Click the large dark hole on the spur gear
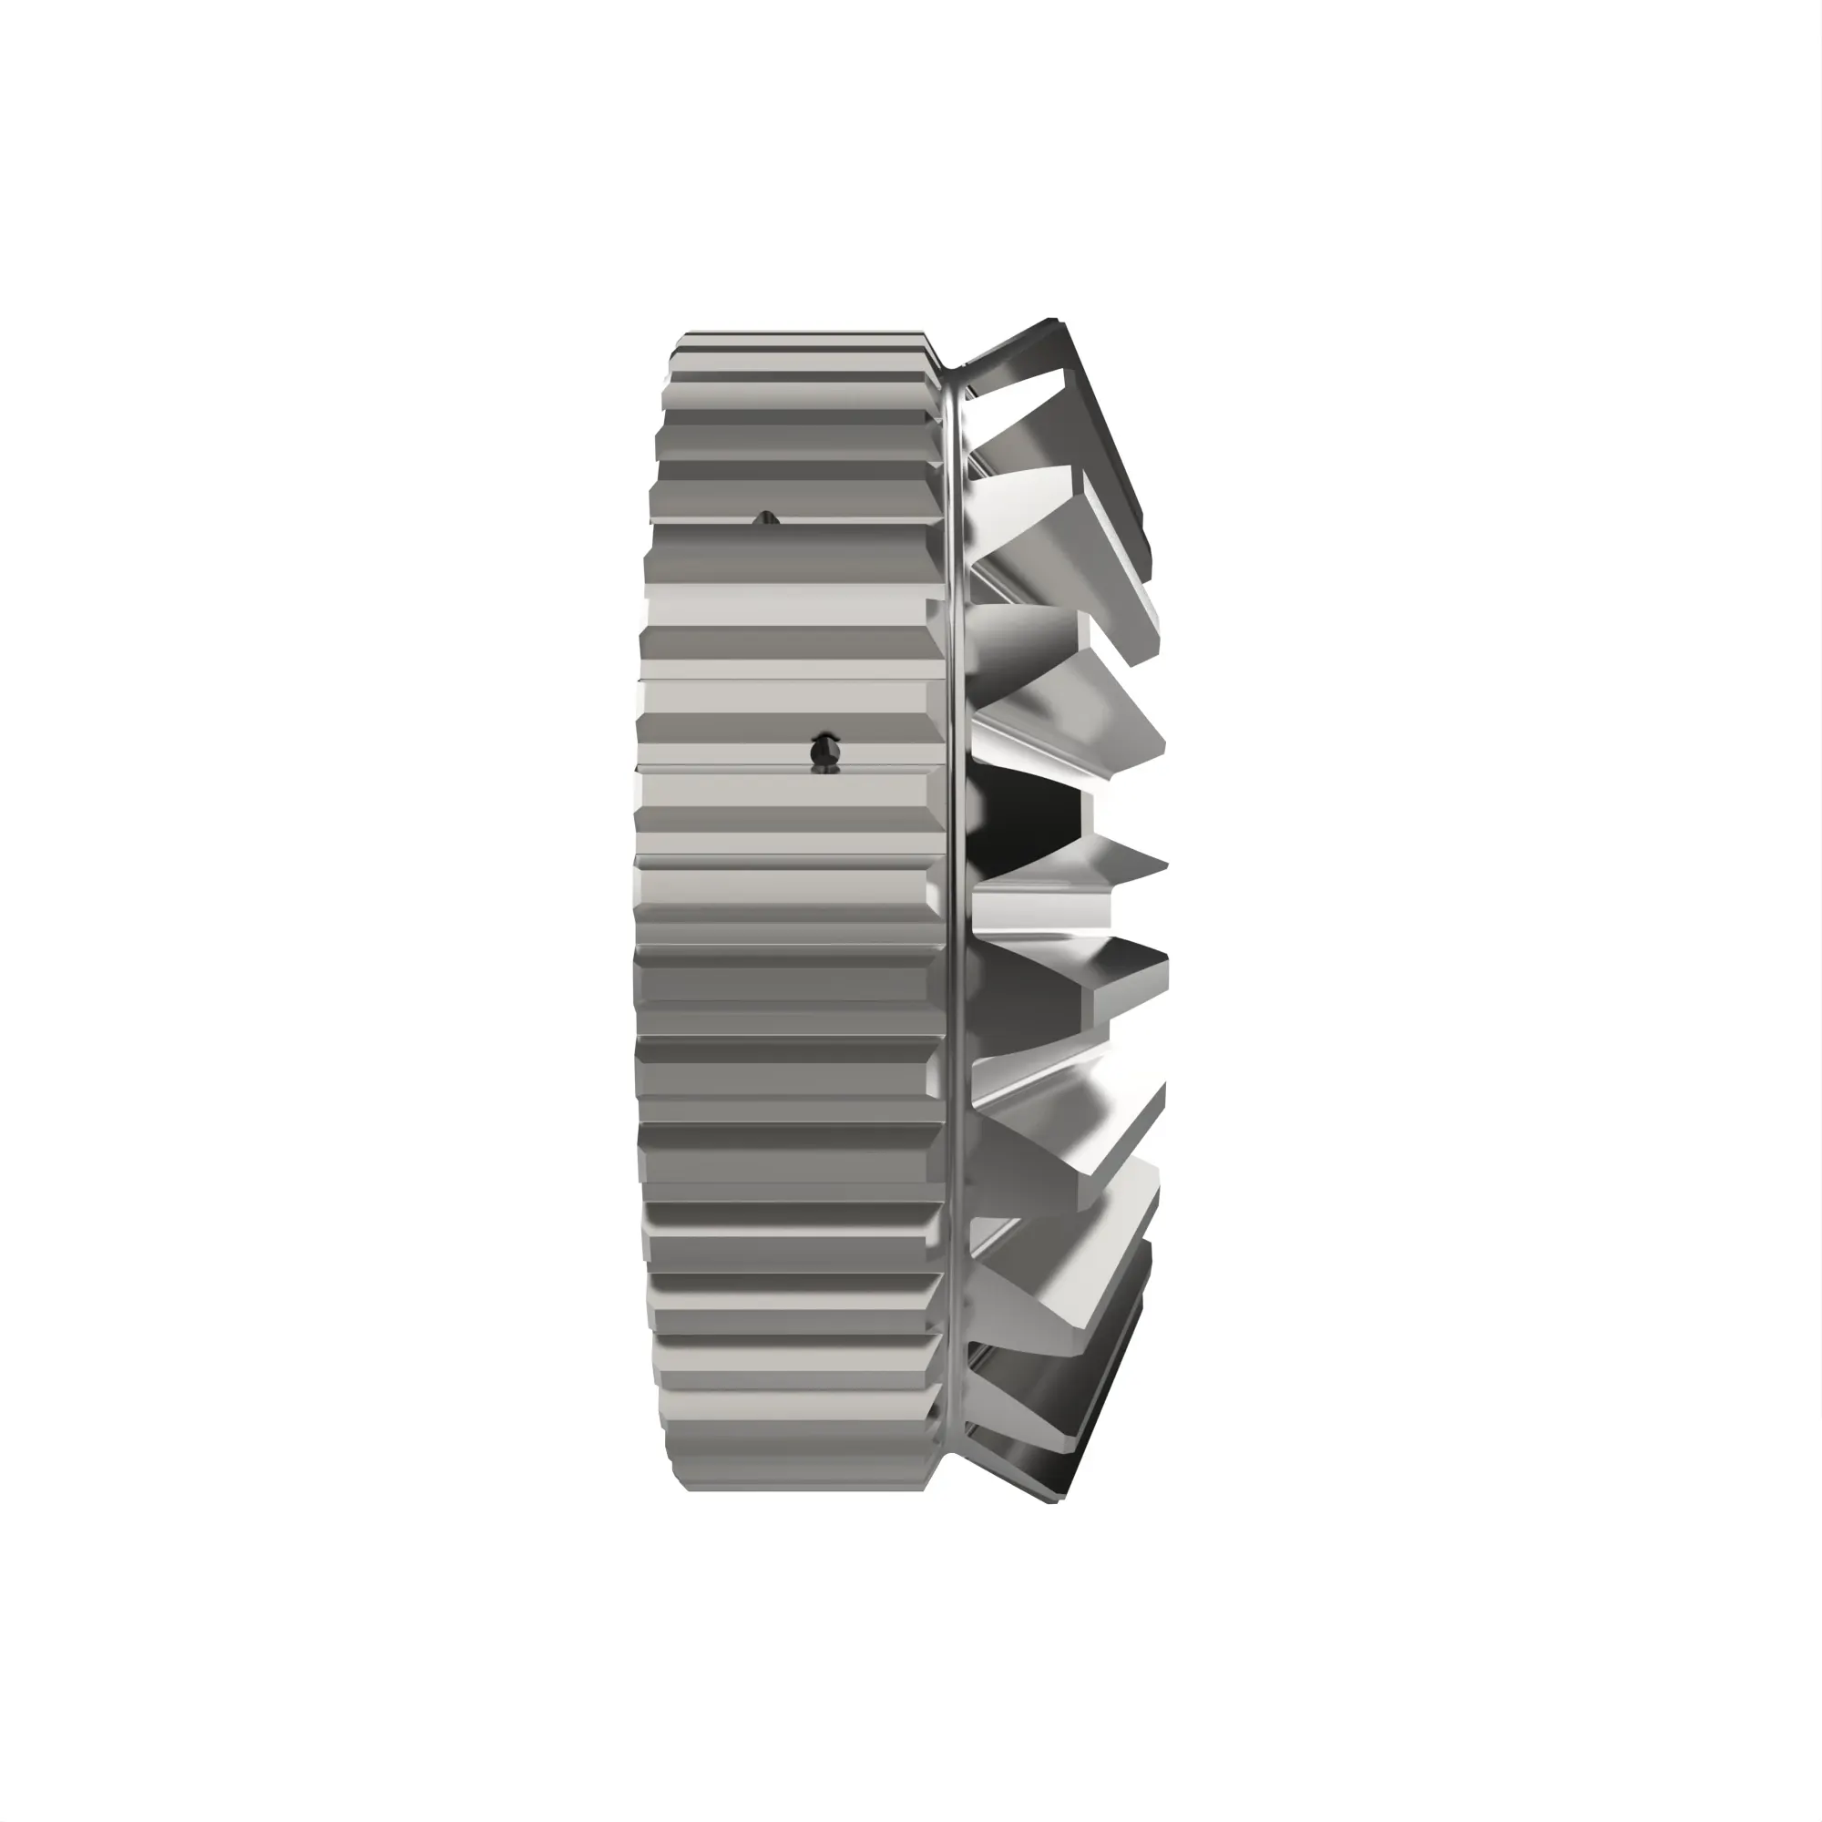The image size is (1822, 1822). coord(824,752)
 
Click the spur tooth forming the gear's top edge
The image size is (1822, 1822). coord(802,341)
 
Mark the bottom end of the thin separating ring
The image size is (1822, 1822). coord(953,1443)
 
